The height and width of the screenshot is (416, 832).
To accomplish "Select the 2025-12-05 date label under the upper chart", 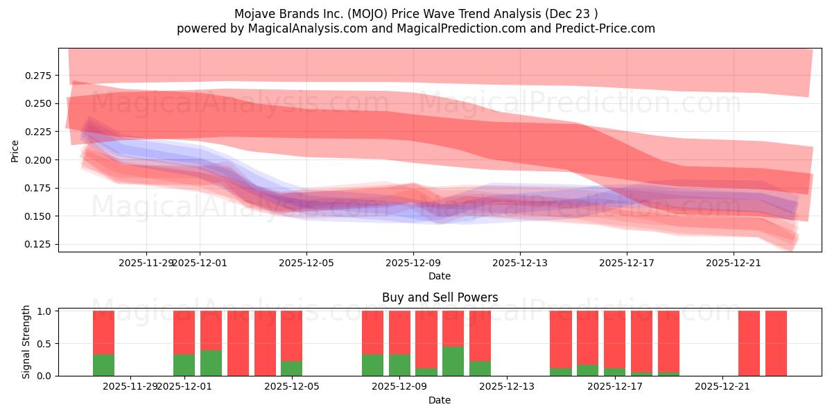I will pyautogui.click(x=306, y=263).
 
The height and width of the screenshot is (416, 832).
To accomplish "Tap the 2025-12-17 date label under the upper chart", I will pyautogui.click(x=626, y=263).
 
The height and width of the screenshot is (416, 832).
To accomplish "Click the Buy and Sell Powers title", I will pyautogui.click(x=440, y=297).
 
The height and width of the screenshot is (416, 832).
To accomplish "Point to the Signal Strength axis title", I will pyautogui.click(x=26, y=342).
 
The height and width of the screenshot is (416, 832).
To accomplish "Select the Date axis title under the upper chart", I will pyautogui.click(x=440, y=276).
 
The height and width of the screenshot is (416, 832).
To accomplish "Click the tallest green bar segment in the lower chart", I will pyautogui.click(x=453, y=361).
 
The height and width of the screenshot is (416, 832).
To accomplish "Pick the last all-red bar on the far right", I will pyautogui.click(x=776, y=343).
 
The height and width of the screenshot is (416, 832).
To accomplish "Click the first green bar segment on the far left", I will pyautogui.click(x=103, y=365).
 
